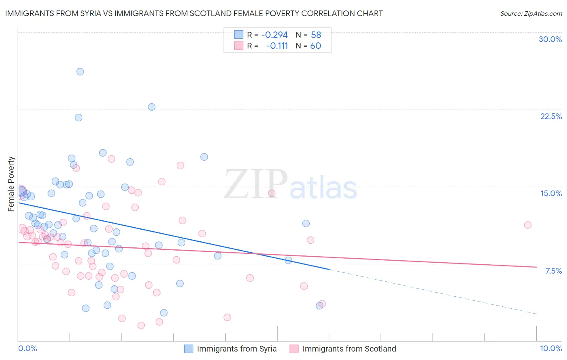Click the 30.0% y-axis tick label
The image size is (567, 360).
pos(550,39)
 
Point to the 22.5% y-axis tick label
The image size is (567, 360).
pos(551,116)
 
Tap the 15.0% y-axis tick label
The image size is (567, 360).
pos(551,193)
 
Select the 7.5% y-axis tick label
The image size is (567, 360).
pos(553,271)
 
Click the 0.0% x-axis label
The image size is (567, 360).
pos(28,348)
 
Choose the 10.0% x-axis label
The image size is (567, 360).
pos(550,348)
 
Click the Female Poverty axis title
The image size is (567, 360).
pos(11,184)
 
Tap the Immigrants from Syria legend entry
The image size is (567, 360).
pos(237,349)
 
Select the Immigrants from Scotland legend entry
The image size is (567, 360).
pos(349,349)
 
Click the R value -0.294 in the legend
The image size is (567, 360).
pos(274,35)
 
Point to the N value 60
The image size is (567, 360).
pos(315,46)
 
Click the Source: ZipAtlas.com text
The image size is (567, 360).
pos(531,14)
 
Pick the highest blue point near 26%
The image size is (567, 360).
pos(80,71)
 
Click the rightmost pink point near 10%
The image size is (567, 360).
pos(527,225)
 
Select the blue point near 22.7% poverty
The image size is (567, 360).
pos(152,107)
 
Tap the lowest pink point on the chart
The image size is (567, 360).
pos(141,325)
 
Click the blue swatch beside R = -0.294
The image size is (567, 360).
pos(239,35)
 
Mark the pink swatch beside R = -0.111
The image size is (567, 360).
pos(239,46)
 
